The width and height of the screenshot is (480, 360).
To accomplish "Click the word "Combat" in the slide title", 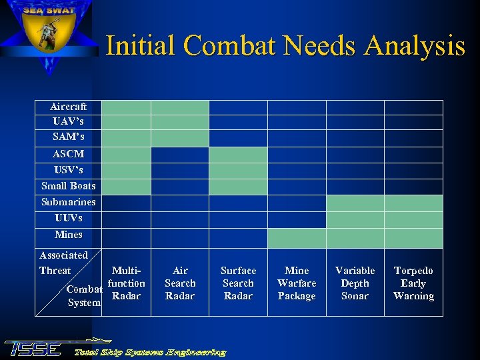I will pos(229,46).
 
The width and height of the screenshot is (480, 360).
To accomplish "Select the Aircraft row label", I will pos(68,107).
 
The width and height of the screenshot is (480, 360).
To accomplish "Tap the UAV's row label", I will pos(68,122).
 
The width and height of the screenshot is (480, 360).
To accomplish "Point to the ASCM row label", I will pos(68,154).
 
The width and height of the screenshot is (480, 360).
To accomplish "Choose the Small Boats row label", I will pos(68,186).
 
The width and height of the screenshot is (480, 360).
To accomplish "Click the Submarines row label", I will pos(68,202).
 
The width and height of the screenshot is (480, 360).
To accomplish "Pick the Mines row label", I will pos(68,235).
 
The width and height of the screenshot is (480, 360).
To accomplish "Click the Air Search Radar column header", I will pos(180,283).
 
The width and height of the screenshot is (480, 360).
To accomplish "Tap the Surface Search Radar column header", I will pos(238,283).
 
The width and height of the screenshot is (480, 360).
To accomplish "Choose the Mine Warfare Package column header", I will pos(297,283).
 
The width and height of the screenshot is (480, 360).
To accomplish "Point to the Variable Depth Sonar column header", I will pos(355,283).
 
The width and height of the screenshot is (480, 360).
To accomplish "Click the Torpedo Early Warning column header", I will pos(413,283).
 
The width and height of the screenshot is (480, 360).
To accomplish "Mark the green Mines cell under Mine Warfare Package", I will pos(297,238).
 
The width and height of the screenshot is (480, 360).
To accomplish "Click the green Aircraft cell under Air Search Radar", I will pos(180,107).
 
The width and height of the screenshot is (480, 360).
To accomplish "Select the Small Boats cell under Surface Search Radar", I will pos(238,187).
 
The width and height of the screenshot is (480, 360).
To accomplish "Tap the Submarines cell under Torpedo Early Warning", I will pos(413,203).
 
